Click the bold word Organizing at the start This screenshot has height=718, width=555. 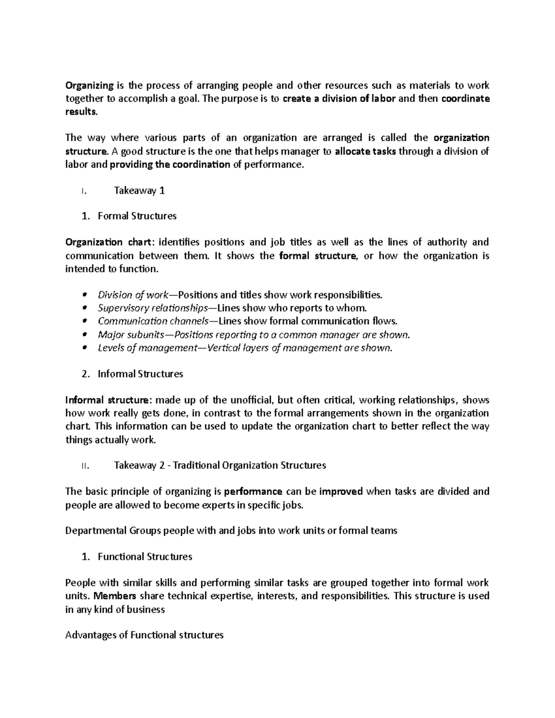tap(89, 86)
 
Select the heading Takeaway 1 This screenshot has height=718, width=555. tap(139, 190)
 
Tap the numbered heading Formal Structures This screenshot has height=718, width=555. tap(137, 216)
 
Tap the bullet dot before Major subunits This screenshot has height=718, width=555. tap(84, 335)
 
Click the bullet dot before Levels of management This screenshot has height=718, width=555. tap(84, 348)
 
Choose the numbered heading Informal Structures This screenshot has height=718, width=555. tap(140, 374)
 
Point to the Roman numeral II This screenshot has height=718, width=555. tap(84, 466)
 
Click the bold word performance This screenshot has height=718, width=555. tap(253, 491)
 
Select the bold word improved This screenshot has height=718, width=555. tap(341, 491)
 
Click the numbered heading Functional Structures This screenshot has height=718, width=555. tap(145, 557)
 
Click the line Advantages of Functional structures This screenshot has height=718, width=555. tap(144, 635)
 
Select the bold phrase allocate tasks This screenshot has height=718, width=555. tap(365, 151)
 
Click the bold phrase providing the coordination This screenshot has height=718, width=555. tap(170, 165)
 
